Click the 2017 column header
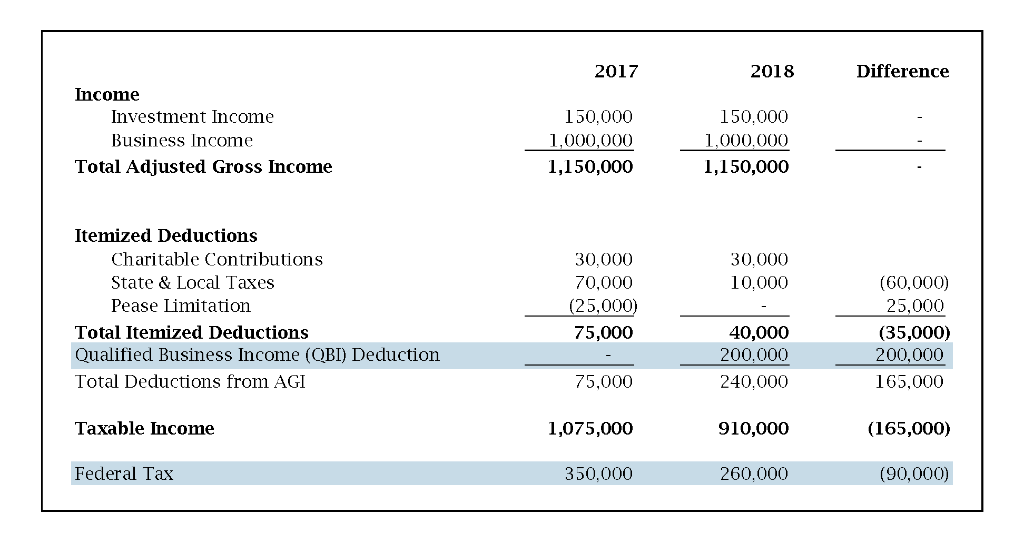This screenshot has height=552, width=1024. [616, 71]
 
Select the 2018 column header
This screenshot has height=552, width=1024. [772, 71]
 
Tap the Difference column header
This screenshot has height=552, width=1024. [902, 71]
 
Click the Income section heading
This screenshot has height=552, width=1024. [107, 94]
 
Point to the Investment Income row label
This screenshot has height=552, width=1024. [192, 116]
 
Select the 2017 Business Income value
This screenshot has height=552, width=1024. [590, 140]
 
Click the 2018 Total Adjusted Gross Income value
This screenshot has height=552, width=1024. [746, 166]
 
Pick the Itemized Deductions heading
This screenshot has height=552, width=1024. [166, 235]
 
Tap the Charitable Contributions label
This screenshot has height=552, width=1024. [216, 259]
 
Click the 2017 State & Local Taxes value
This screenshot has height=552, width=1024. [604, 282]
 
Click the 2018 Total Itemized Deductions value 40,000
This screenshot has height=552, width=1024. [759, 332]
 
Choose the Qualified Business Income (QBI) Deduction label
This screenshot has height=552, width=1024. [257, 354]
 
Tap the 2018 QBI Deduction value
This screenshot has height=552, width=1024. [754, 354]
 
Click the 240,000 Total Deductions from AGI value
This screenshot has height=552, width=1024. [754, 381]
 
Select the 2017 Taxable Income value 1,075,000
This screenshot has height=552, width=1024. [590, 428]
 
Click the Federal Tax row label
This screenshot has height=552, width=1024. [124, 474]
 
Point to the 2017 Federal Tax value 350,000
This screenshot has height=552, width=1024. [598, 474]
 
